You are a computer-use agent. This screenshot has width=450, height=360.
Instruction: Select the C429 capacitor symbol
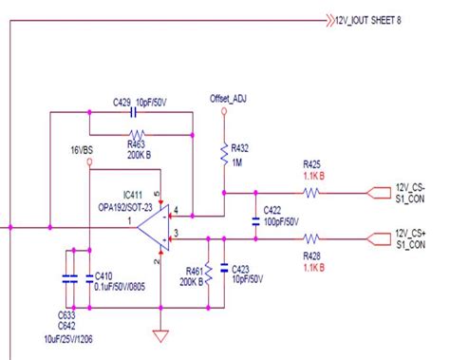[x=140, y=112]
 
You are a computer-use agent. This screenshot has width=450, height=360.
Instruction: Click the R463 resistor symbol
[x=140, y=134]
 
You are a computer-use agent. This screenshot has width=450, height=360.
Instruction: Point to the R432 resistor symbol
[x=224, y=155]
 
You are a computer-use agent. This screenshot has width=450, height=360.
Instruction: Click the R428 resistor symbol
[x=310, y=238]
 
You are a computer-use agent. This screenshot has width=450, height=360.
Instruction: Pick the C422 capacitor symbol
[x=255, y=220]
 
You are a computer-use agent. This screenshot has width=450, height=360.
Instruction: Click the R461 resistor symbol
[x=206, y=272]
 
